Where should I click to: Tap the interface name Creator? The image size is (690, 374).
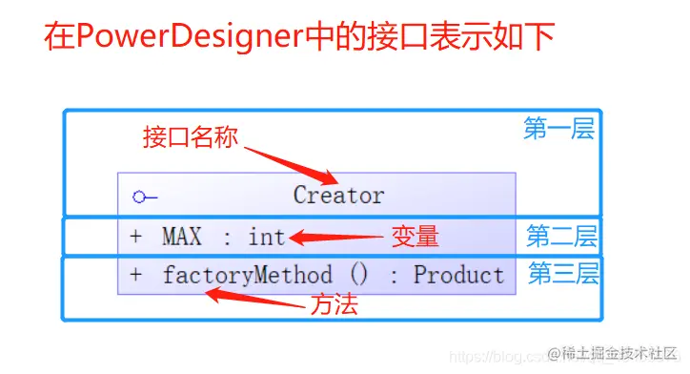(338, 196)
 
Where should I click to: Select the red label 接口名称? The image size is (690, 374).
(190, 136)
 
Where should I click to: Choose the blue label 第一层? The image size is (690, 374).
(559, 129)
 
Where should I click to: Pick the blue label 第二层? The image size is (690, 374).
(561, 235)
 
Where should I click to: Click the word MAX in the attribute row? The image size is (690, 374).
(182, 236)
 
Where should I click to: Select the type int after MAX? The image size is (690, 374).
(267, 236)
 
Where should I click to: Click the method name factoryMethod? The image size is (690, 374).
(247, 276)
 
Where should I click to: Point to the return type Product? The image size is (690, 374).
(458, 276)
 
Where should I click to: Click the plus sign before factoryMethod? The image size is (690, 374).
(135, 276)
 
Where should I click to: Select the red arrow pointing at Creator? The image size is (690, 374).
(291, 163)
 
